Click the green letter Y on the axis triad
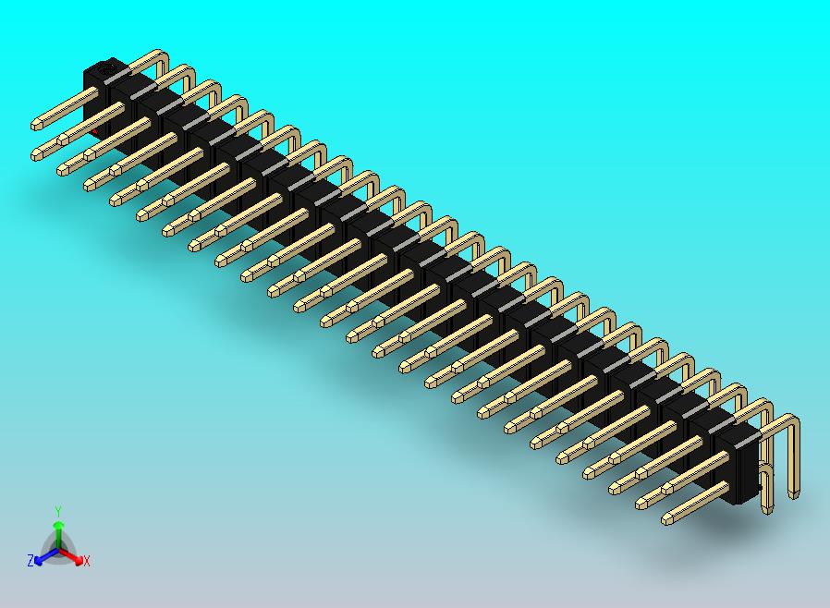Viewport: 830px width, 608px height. (x=58, y=510)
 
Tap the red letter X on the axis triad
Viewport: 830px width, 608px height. (x=87, y=561)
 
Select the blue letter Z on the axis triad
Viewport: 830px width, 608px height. (x=31, y=560)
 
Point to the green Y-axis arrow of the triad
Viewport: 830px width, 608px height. (x=58, y=530)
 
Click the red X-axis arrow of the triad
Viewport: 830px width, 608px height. (x=74, y=557)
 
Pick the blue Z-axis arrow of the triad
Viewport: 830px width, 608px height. (x=43, y=557)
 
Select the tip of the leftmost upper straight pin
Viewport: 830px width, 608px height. (x=37, y=123)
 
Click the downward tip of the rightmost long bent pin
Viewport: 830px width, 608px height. (x=794, y=496)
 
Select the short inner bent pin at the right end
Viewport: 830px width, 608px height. (x=768, y=490)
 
